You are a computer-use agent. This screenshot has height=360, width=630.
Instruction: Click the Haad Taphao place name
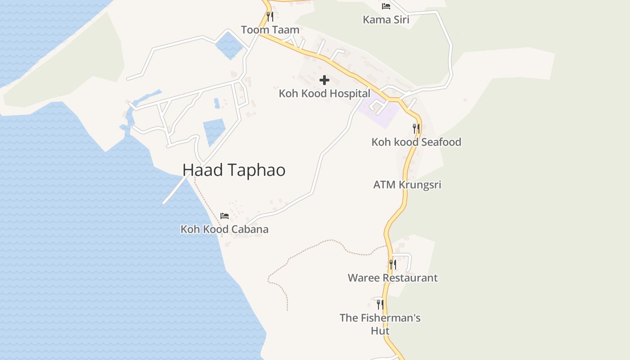tap(234, 170)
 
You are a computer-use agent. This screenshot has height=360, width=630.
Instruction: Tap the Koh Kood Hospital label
tap(324, 94)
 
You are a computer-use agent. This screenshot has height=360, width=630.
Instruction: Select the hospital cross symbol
tap(324, 81)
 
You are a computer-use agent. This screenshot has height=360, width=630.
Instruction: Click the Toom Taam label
tap(270, 30)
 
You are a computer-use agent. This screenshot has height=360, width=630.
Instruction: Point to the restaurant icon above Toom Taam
tap(270, 17)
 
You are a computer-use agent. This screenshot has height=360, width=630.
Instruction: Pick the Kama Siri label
tap(386, 20)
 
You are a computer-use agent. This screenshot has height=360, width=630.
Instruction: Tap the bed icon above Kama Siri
tap(386, 6)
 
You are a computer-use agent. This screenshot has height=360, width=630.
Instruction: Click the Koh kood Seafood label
tap(416, 142)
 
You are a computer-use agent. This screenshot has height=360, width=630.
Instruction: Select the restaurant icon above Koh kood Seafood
tap(416, 129)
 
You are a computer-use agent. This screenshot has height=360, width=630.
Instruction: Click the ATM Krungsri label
tap(407, 184)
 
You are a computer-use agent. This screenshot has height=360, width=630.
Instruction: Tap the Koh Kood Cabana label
tap(225, 229)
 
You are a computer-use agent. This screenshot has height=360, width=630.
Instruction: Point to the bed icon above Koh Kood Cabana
tap(225, 216)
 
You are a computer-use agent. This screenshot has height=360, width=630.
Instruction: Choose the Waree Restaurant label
tap(392, 278)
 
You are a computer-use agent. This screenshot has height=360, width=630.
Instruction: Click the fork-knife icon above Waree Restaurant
tap(392, 265)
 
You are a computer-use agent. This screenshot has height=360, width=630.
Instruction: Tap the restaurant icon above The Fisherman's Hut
tap(380, 305)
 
